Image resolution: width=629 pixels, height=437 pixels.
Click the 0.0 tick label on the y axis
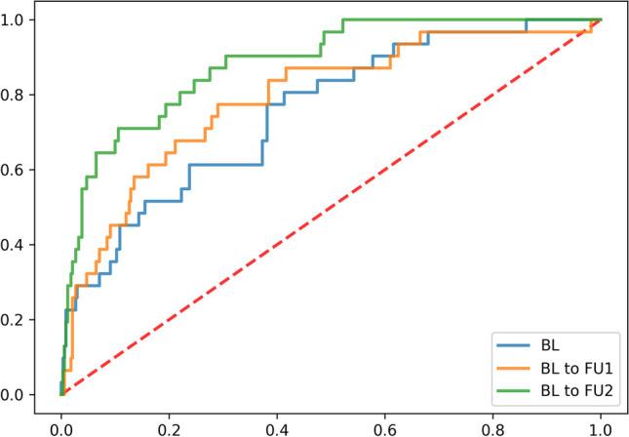18,395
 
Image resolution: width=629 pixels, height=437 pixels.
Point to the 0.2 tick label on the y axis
18,320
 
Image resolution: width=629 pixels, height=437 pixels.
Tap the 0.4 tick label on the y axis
18,245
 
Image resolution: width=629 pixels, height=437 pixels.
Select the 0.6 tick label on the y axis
18,170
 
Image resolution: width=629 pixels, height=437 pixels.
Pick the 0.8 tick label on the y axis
18,95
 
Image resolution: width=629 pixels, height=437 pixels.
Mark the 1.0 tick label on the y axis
18,20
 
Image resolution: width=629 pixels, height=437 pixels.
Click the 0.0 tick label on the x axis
61,425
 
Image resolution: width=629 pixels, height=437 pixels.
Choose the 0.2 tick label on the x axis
169,425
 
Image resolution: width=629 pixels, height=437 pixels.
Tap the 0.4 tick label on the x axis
277,425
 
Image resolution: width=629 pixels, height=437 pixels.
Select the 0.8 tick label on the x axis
492,425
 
